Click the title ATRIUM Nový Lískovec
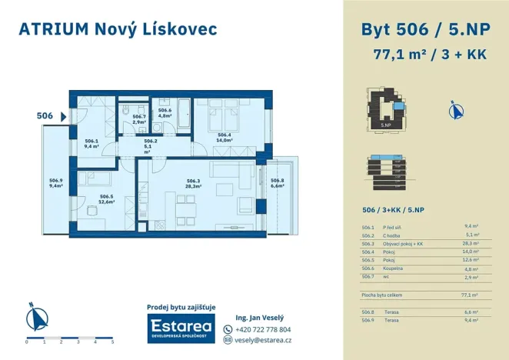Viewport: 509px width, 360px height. tap(118, 29)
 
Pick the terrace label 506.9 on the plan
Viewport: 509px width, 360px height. tap(55, 182)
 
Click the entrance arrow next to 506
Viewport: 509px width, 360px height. tap(64, 116)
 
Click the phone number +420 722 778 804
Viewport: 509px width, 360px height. tap(262, 329)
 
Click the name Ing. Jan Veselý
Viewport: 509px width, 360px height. tap(259, 317)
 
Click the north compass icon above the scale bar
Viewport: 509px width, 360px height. tap(33, 317)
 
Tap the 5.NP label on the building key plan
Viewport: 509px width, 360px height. tap(387, 123)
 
